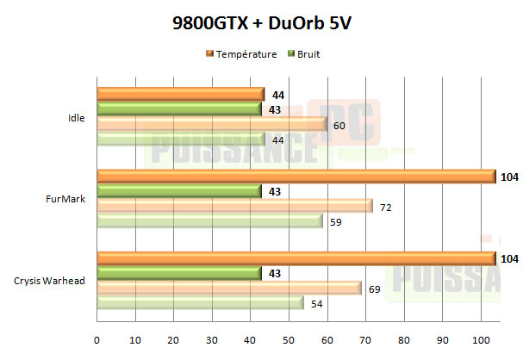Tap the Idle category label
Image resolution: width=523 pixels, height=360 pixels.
[77, 117]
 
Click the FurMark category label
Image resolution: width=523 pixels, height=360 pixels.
[70, 199]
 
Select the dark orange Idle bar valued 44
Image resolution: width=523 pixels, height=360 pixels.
[181, 93]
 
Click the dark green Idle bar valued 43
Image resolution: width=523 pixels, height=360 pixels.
[179, 109]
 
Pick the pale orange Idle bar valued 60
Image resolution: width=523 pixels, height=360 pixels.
[212, 125]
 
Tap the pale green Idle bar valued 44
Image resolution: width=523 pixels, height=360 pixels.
[181, 140]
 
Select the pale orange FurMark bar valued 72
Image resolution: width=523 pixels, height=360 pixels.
[234, 207]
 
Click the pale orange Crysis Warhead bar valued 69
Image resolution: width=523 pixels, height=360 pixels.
[229, 288]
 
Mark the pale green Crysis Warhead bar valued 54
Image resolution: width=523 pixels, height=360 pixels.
[201, 303]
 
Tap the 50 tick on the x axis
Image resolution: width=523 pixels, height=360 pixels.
[289, 339]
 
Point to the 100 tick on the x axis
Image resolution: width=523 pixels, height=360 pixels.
[480, 339]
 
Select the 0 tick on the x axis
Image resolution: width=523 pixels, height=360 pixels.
[97, 339]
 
